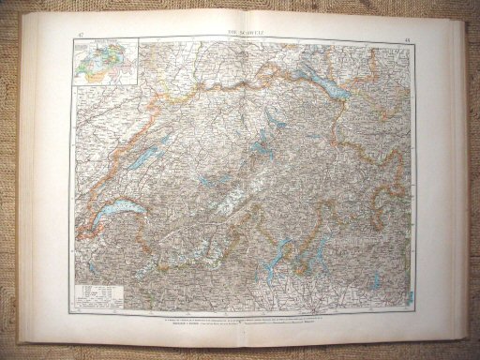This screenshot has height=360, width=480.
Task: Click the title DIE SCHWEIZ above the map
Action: point(242,31)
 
